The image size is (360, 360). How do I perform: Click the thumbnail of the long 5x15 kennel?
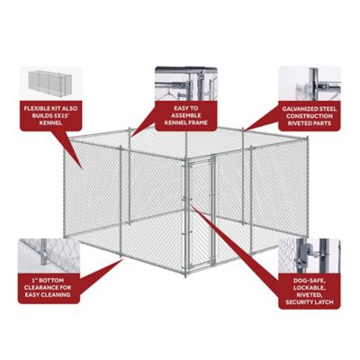pos(49,84)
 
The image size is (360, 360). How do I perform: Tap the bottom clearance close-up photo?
pos(49,257)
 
